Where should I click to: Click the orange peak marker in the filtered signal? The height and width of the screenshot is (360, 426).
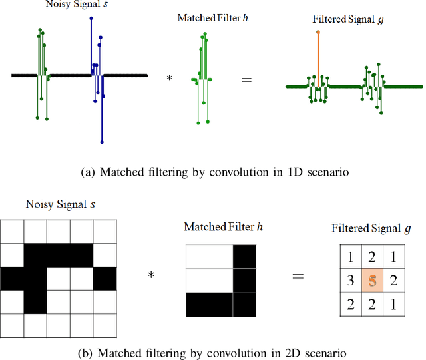tap(318, 32)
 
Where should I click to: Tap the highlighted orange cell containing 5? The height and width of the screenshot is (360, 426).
tap(373, 280)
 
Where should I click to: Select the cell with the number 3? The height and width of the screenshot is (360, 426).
tap(349, 280)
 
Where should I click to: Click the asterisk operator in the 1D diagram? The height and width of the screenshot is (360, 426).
tap(169, 79)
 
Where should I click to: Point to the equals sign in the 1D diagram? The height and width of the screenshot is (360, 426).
tap(246, 79)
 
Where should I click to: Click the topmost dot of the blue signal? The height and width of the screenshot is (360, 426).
tap(91, 18)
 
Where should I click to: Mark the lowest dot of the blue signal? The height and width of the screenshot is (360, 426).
tap(102, 142)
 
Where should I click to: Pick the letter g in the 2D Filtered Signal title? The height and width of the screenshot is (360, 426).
tap(407, 228)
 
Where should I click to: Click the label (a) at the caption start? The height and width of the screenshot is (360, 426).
tap(87, 173)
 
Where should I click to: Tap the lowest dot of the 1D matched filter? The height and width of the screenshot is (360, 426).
tap(198, 122)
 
